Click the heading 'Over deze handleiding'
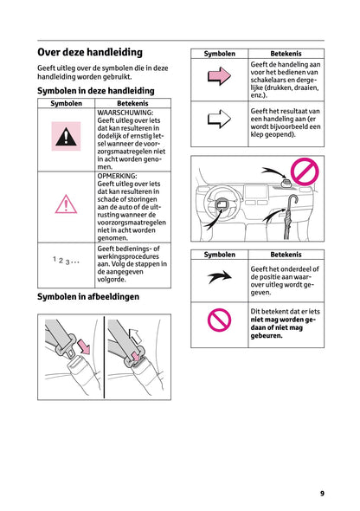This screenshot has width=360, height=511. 90,52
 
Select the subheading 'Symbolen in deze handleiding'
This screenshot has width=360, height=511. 96,90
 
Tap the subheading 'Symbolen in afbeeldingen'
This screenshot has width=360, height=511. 88,296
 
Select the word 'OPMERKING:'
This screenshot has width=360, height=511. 118,176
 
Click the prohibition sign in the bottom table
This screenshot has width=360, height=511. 220,324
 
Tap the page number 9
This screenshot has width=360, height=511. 321,494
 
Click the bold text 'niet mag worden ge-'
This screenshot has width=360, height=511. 285,319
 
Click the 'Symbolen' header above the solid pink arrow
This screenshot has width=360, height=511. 220,54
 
